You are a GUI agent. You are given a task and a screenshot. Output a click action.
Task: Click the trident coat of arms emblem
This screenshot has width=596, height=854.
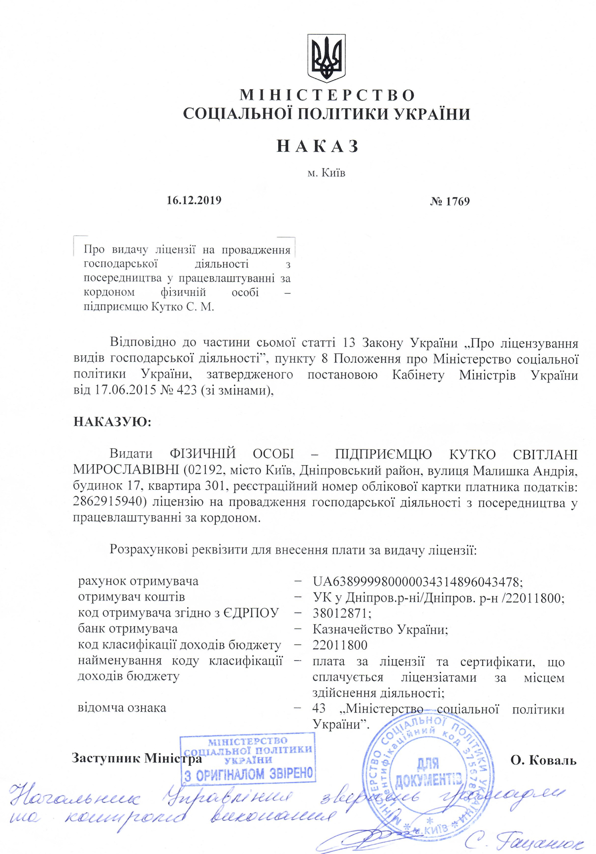pyautogui.click(x=326, y=58)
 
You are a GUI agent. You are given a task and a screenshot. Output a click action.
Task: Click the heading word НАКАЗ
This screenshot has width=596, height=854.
pyautogui.click(x=318, y=146)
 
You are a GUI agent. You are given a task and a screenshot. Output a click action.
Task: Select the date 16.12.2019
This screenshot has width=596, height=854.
pyautogui.click(x=194, y=200)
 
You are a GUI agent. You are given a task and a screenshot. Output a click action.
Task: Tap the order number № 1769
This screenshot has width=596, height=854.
pyautogui.click(x=450, y=201)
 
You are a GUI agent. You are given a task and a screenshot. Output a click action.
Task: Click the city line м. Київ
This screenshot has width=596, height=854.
pyautogui.click(x=326, y=173)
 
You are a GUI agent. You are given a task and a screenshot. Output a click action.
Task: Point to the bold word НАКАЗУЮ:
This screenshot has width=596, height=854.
pyautogui.click(x=112, y=422)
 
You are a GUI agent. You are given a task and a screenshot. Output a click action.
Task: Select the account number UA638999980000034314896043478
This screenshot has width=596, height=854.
pyautogui.click(x=417, y=582)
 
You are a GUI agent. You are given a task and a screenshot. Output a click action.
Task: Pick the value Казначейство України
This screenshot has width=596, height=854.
pyautogui.click(x=380, y=630)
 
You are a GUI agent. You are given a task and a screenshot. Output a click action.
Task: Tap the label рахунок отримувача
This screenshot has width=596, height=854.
pyautogui.click(x=138, y=581)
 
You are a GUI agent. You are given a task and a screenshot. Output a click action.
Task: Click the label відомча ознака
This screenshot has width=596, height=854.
pyautogui.click(x=122, y=708)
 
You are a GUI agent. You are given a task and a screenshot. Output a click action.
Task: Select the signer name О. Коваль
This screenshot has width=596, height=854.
pyautogui.click(x=543, y=760)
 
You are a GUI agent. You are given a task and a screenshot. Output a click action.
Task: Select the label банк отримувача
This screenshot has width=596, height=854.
pyautogui.click(x=128, y=629)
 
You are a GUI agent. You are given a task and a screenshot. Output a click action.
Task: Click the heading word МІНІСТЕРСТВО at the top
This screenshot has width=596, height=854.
pyautogui.click(x=327, y=95)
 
